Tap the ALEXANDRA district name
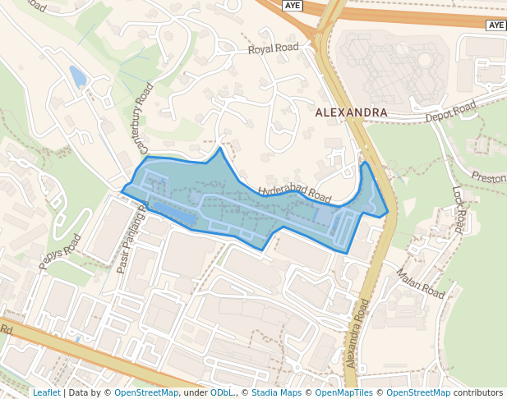coord(351,112)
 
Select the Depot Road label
coord(450,112)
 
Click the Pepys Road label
coord(60,251)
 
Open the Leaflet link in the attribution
coord(46,392)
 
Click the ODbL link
coord(222,392)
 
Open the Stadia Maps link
coord(276,392)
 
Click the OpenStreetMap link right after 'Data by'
coord(145,392)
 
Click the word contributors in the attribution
coord(478,392)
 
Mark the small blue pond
coord(77,76)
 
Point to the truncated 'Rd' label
coord(7,329)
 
